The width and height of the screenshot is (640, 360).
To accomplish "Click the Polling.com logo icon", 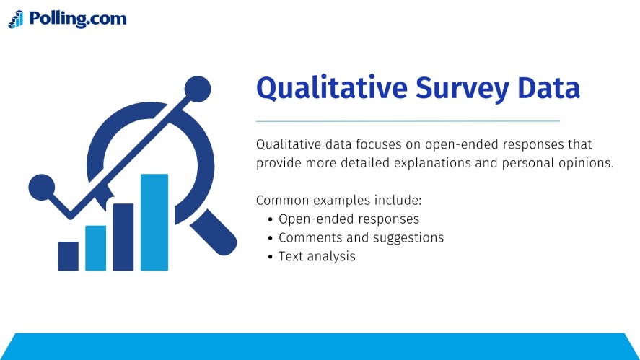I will pyautogui.click(x=16, y=19).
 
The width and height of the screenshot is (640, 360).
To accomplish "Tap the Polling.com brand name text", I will pyautogui.click(x=77, y=19).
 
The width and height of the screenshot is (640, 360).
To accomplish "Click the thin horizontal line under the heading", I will pyautogui.click(x=408, y=120).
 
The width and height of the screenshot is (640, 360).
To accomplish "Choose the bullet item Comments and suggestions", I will pyautogui.click(x=361, y=237).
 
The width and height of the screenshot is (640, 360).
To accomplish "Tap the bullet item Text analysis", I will pyautogui.click(x=317, y=256).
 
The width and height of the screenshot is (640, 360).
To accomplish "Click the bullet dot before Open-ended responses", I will pyautogui.click(x=270, y=219).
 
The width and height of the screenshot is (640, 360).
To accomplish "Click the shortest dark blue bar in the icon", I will pyautogui.click(x=68, y=256).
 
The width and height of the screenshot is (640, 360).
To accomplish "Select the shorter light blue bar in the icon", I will pyautogui.click(x=96, y=248).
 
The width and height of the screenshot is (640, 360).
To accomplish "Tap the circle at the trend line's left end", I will pyautogui.click(x=41, y=187).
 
